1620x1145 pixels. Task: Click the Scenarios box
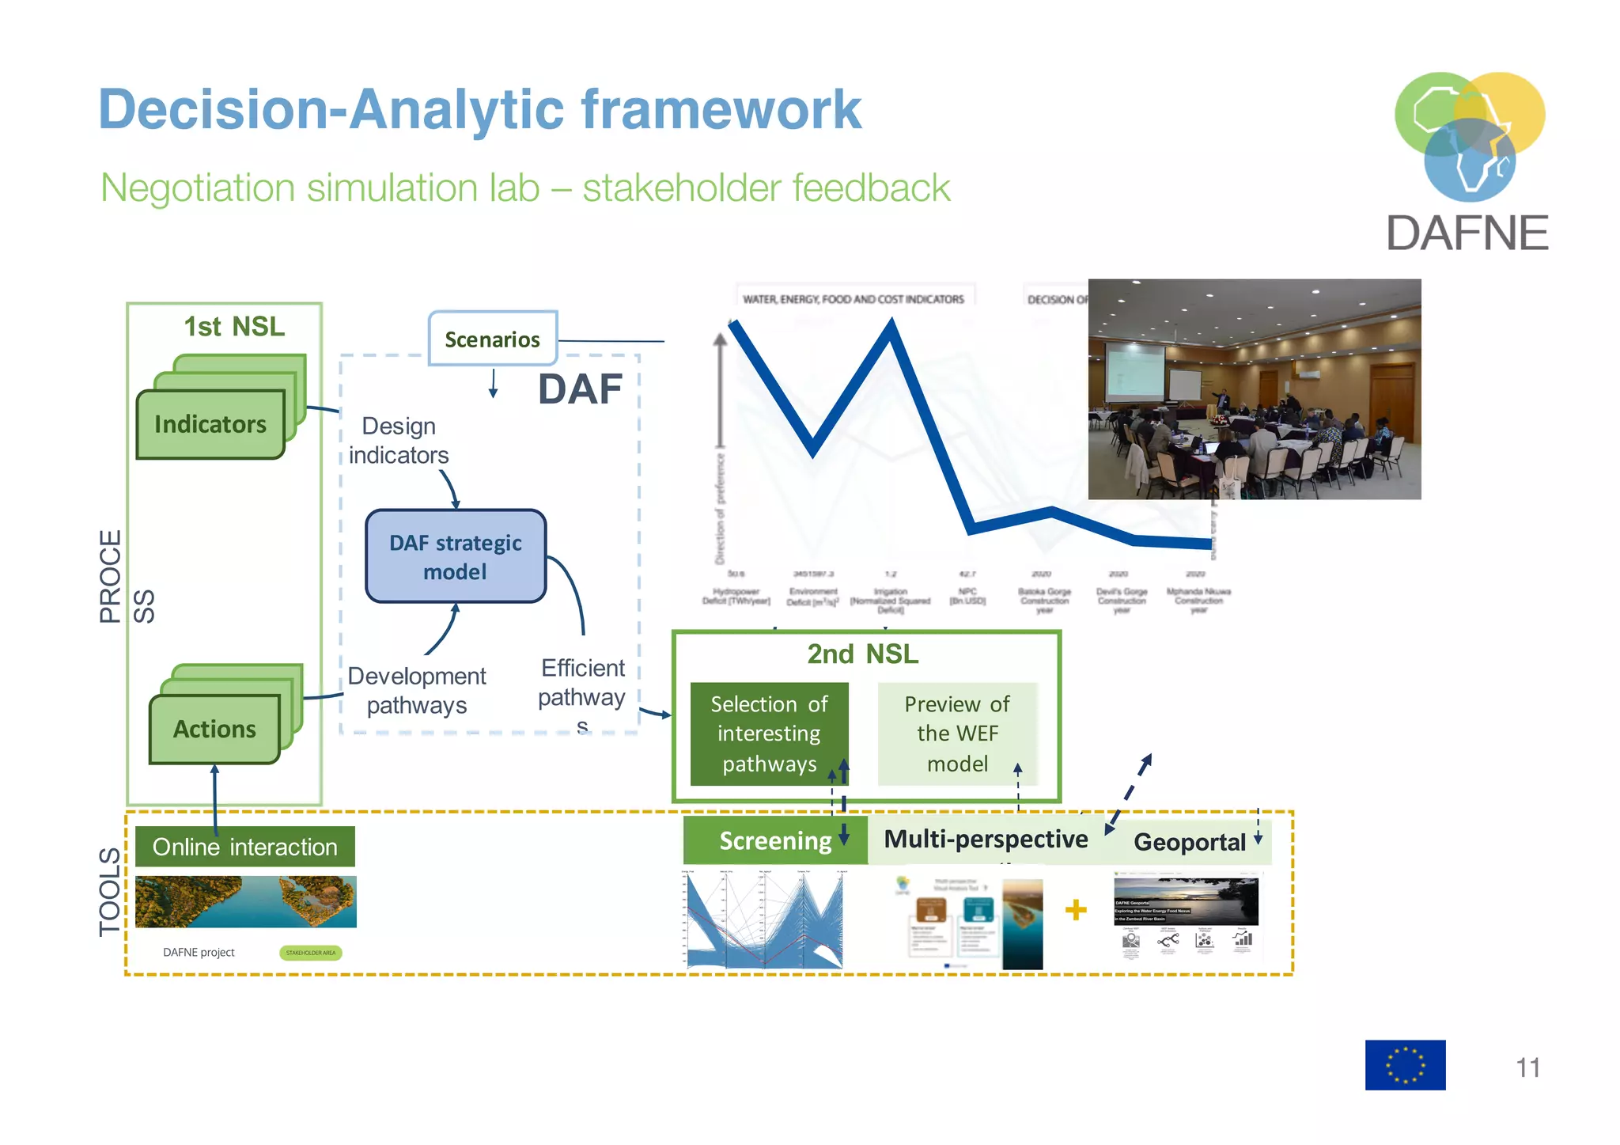point(492,339)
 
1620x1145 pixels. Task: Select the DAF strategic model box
point(455,556)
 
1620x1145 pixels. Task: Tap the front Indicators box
point(210,425)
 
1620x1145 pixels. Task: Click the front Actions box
point(214,729)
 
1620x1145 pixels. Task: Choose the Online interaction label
point(244,847)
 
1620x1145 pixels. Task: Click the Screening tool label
point(774,840)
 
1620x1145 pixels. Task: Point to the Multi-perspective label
point(985,839)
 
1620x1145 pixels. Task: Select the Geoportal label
point(1189,842)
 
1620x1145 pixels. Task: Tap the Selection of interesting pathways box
point(769,734)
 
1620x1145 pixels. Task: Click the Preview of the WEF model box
point(956,734)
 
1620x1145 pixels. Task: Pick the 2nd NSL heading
point(862,654)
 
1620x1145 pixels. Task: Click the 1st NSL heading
point(234,327)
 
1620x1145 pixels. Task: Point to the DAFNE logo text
point(1467,233)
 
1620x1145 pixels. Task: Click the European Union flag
point(1405,1064)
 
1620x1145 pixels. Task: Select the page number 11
point(1527,1067)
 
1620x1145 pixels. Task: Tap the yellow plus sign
point(1076,910)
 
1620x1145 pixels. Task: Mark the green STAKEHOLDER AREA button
point(310,953)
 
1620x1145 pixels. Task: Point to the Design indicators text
point(399,441)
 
